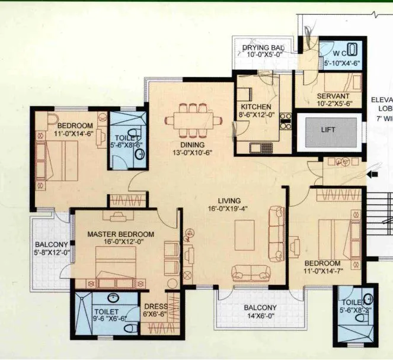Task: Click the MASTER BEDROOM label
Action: (x=120, y=234)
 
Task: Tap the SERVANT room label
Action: (x=333, y=96)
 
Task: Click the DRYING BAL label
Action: (x=263, y=48)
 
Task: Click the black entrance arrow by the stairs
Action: (x=373, y=175)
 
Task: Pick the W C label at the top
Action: (x=331, y=52)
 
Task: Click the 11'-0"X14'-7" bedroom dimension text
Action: (x=323, y=272)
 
